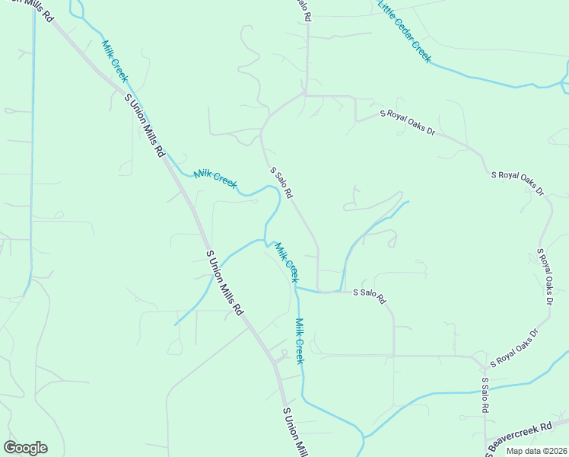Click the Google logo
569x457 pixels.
[x=25, y=448]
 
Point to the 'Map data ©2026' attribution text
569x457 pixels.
[x=535, y=451]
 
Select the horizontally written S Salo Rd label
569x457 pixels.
[x=369, y=292]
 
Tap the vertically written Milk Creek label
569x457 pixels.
[x=299, y=340]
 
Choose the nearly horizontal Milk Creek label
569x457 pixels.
[x=215, y=179]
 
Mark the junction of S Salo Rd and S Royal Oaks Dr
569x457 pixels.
[x=305, y=95]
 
